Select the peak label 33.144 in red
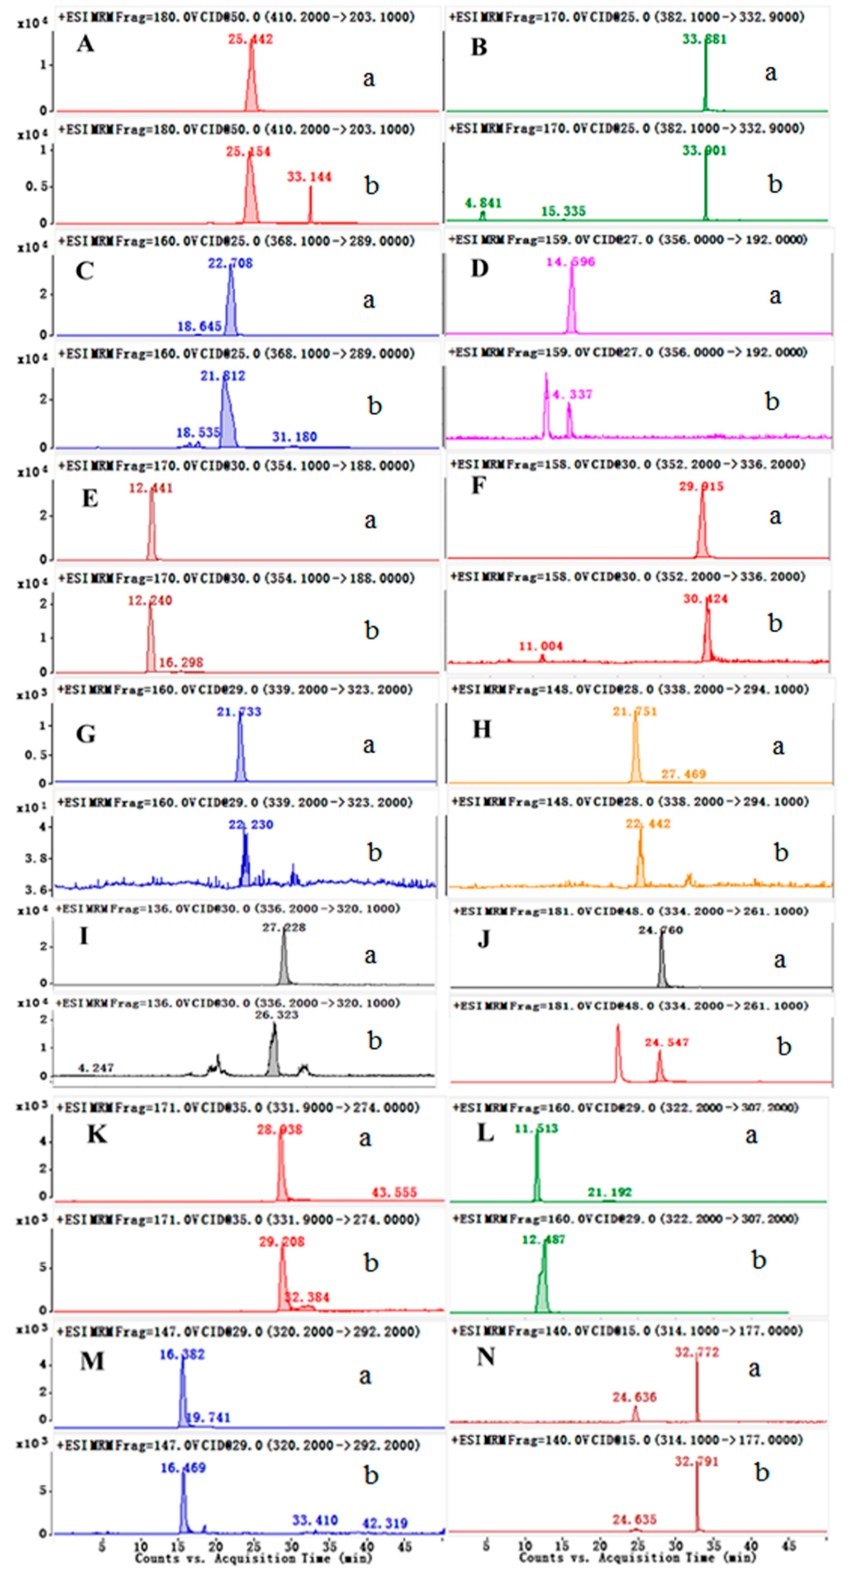(x=309, y=177)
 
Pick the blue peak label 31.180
(x=294, y=437)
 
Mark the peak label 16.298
(x=181, y=662)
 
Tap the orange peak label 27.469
(x=683, y=774)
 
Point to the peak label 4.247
(x=96, y=1068)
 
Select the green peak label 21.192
(x=609, y=1192)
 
